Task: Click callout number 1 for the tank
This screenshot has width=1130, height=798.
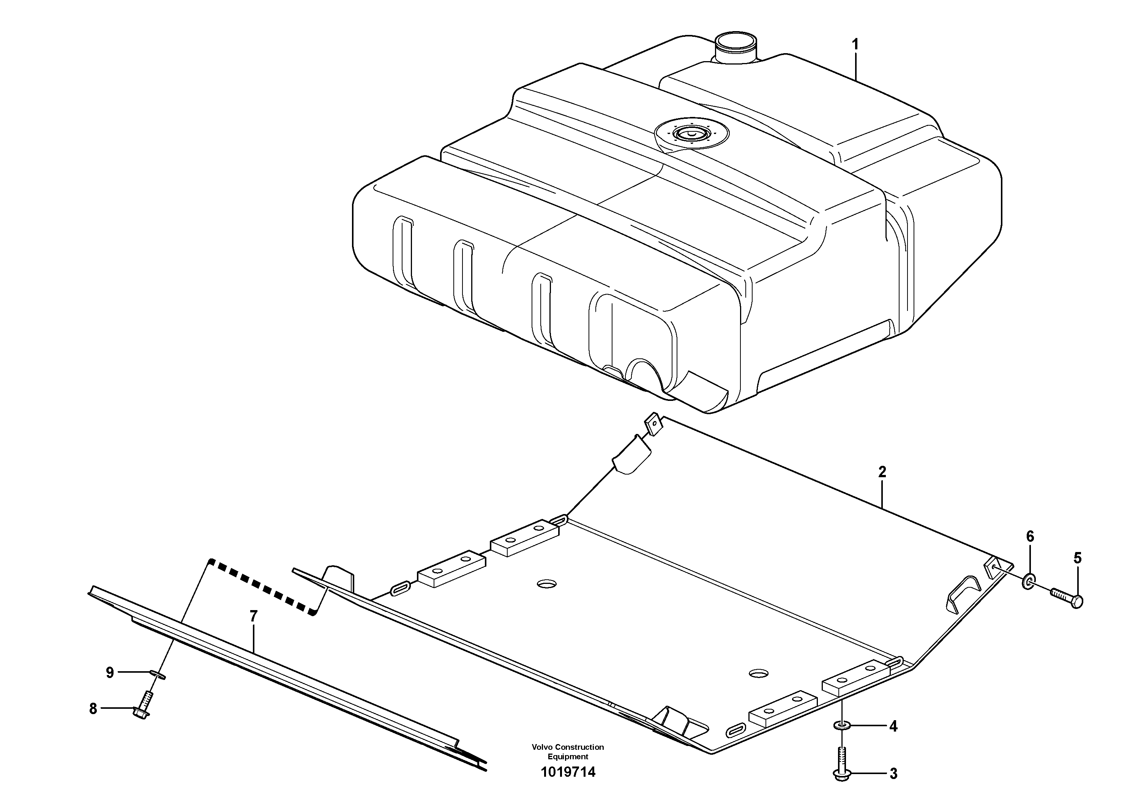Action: (855, 45)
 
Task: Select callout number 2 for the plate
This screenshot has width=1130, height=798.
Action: (882, 472)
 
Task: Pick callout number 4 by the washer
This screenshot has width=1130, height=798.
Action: (893, 726)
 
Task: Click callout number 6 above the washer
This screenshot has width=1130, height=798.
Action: (1030, 536)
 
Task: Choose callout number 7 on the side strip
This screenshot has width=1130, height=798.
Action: (254, 616)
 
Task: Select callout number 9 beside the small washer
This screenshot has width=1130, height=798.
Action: (110, 673)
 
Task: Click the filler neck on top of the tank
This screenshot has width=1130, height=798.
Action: (734, 48)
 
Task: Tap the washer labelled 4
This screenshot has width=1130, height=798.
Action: (842, 725)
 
